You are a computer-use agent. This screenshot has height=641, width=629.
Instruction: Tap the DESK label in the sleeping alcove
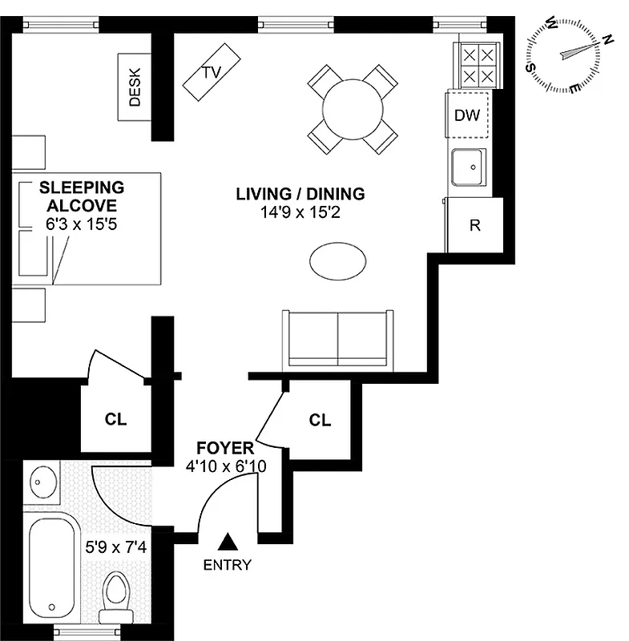(x=135, y=87)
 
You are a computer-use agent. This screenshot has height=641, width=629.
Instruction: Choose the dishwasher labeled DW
(x=466, y=115)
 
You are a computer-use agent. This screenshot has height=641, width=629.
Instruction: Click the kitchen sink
(x=469, y=168)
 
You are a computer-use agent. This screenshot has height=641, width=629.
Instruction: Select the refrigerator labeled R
(x=474, y=225)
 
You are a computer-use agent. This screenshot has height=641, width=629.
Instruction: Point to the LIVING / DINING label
(x=300, y=193)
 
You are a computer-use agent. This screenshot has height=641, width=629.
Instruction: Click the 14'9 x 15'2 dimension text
(x=300, y=214)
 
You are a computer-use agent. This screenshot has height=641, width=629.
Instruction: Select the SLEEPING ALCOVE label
(x=83, y=196)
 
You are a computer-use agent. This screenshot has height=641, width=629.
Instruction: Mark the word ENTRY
(x=227, y=565)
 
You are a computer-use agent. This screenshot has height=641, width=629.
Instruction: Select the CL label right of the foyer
(x=320, y=420)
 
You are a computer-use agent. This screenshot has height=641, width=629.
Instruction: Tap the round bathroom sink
(x=41, y=484)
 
